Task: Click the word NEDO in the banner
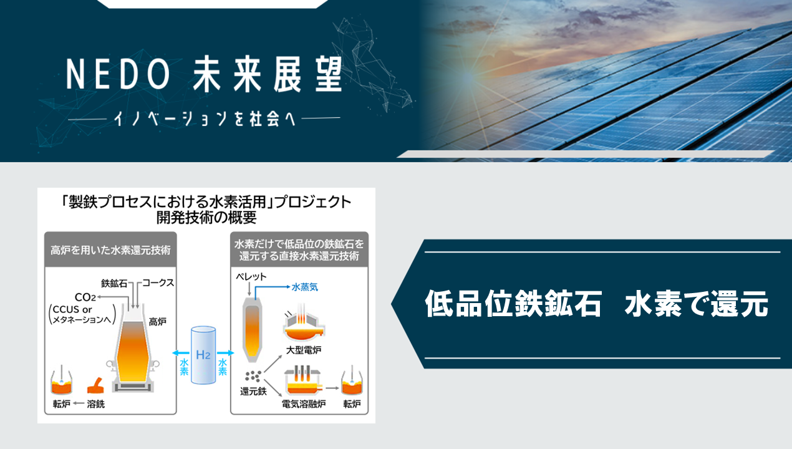[118, 74]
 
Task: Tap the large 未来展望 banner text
[268, 74]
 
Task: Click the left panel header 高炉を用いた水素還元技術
[110, 250]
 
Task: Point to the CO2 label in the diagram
[85, 297]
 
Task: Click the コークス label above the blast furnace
[158, 283]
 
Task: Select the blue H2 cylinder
[203, 355]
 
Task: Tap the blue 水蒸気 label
[305, 287]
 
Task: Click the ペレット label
[251, 277]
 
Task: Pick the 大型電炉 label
[303, 350]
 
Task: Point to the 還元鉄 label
[253, 392]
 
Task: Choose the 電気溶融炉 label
[304, 403]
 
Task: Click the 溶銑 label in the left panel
[96, 403]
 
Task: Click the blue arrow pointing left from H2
[181, 353]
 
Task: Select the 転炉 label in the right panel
[352, 403]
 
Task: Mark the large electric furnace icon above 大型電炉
[304, 324]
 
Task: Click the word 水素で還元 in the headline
[696, 304]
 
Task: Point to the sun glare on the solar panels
[469, 76]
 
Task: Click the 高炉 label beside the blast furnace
[157, 322]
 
